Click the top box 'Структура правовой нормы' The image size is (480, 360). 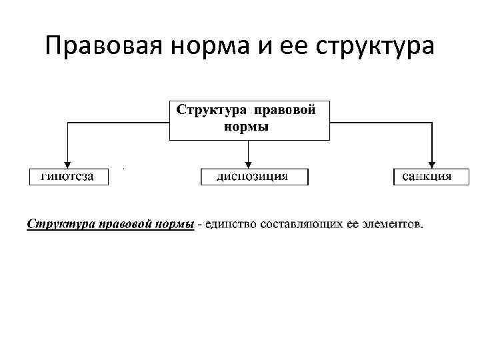pyautogui.click(x=249, y=119)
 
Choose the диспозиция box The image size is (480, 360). pyautogui.click(x=254, y=177)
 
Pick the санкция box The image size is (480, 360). pyautogui.click(x=427, y=177)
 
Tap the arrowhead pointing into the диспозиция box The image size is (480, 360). pyautogui.click(x=249, y=164)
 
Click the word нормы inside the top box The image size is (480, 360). pyautogui.click(x=245, y=127)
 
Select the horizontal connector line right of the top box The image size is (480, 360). pyautogui.click(x=381, y=122)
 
